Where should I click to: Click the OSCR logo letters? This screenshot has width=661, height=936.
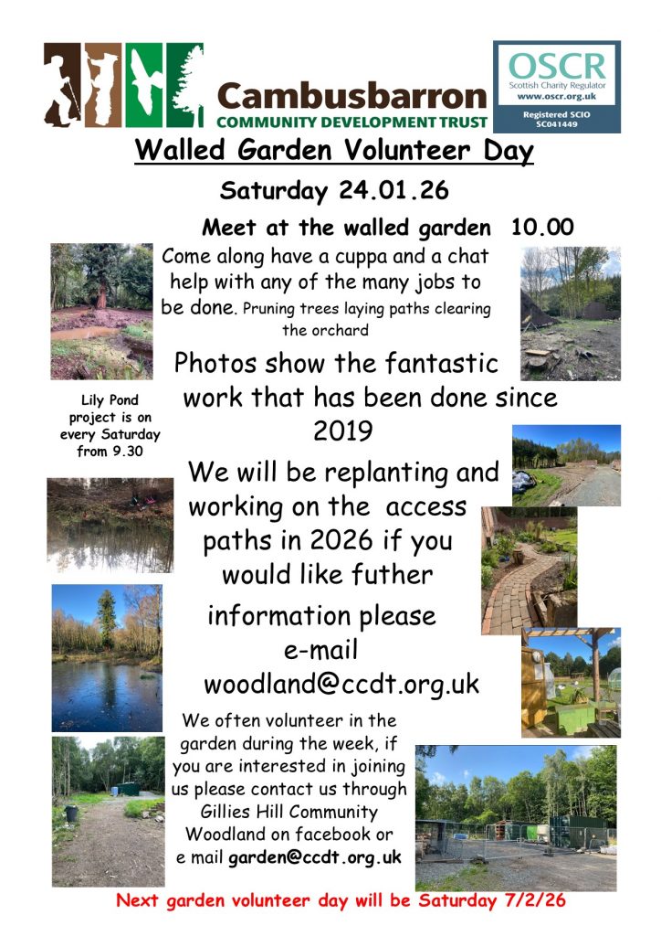tap(557, 66)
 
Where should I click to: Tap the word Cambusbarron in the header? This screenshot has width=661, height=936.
tap(352, 96)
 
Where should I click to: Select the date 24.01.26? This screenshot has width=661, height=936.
tap(393, 190)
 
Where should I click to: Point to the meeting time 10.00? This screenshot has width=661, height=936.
tap(542, 227)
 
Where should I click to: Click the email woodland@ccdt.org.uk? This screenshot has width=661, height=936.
tap(341, 684)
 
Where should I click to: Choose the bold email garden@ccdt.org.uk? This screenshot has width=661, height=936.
tap(315, 857)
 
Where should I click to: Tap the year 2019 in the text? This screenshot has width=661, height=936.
tap(342, 431)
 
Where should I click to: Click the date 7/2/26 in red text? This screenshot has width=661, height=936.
tap(535, 900)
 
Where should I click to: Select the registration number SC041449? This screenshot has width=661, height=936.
tap(557, 124)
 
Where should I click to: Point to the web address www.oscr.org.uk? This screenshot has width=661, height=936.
tap(557, 96)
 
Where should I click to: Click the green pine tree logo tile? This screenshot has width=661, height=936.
tap(184, 85)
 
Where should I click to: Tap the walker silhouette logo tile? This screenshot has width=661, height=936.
tap(62, 85)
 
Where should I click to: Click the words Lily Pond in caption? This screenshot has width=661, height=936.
tap(110, 400)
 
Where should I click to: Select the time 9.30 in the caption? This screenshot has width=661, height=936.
tap(128, 452)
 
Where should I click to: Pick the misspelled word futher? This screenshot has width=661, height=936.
tap(392, 575)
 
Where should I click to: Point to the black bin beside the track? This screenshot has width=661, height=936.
tap(71, 813)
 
